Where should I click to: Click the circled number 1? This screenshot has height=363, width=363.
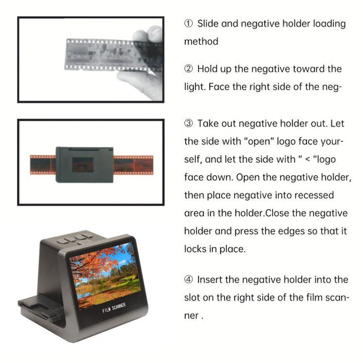pos(188,23)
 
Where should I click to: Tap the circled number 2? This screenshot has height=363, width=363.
pos(188,69)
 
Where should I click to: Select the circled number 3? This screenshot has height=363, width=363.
pos(188,124)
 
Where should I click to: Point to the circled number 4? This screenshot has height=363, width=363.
pos(188,279)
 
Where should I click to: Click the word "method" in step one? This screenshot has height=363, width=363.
pos(201,42)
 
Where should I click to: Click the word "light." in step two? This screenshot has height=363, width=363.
pos(195,87)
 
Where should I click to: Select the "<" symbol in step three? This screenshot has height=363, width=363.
pos(308,159)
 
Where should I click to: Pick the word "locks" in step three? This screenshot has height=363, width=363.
pos(195,249)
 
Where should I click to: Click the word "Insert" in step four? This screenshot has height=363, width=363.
pos(210,280)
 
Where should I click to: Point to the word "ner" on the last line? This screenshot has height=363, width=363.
pos(191,316)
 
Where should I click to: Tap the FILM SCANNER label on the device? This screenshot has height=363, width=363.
pos(114,308)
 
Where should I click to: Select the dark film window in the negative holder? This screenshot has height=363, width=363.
pos(83,165)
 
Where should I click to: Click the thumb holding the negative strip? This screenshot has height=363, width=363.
pos(148,33)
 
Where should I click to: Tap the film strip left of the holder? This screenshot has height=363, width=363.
pos(43,165)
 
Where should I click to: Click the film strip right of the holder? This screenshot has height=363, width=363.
pos(133,165)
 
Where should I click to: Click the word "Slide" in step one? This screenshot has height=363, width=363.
pos(207,23)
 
